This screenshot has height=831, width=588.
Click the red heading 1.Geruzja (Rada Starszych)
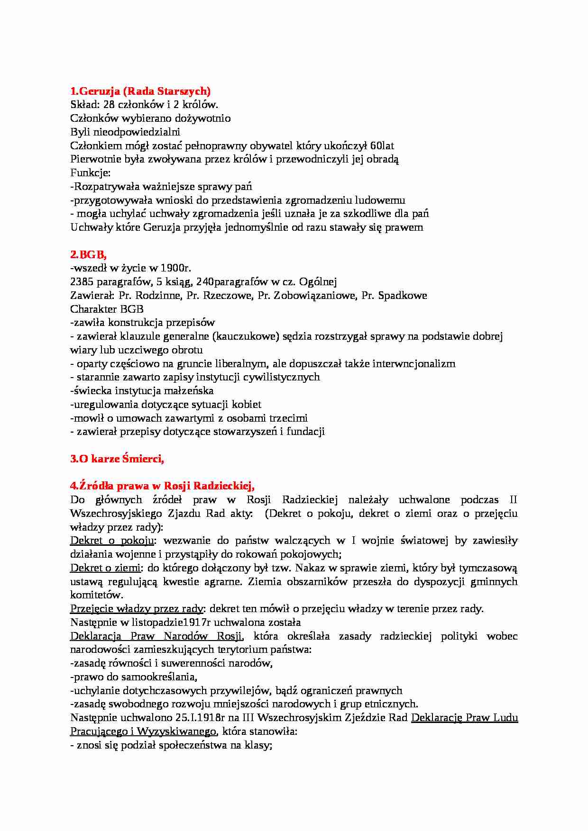140,91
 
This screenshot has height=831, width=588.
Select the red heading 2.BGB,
88,254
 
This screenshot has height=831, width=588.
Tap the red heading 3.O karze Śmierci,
117,459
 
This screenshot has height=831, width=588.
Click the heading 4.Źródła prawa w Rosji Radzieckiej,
162,486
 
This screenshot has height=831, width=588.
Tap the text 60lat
382,146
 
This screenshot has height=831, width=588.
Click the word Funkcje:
90,173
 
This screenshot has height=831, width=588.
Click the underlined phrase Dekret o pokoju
112,541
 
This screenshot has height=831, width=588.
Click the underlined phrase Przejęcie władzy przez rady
137,609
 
